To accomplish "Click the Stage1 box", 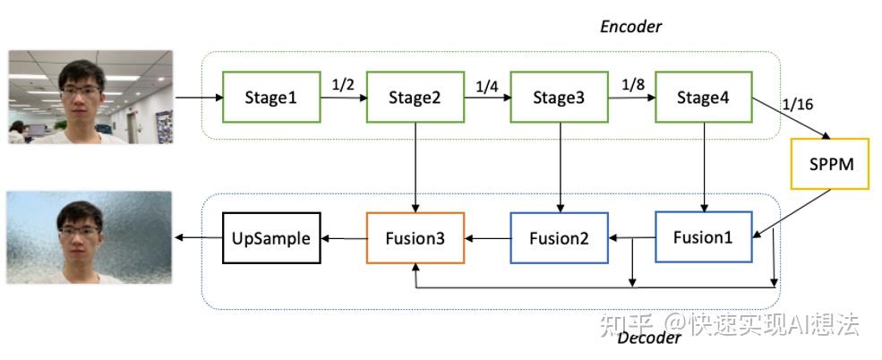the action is (271, 97).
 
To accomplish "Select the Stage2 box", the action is (415, 97).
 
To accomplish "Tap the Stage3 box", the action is (559, 97).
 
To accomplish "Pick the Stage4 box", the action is (704, 97).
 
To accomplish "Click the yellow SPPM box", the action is (830, 164).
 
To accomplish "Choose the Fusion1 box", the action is (704, 237).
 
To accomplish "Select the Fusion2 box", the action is (559, 237).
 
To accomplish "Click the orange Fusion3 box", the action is (415, 237).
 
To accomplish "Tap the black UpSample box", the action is (271, 238).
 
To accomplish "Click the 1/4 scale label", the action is (486, 87).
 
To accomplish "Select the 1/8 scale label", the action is (632, 85).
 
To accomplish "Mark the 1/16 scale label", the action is (797, 104).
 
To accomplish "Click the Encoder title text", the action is (631, 27).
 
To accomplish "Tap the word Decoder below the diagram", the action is (649, 338).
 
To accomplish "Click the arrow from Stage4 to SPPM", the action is (792, 119).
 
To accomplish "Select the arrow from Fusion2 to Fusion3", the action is (488, 238).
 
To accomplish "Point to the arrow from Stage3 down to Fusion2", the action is (560, 167).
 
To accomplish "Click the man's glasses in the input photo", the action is (81, 90).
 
